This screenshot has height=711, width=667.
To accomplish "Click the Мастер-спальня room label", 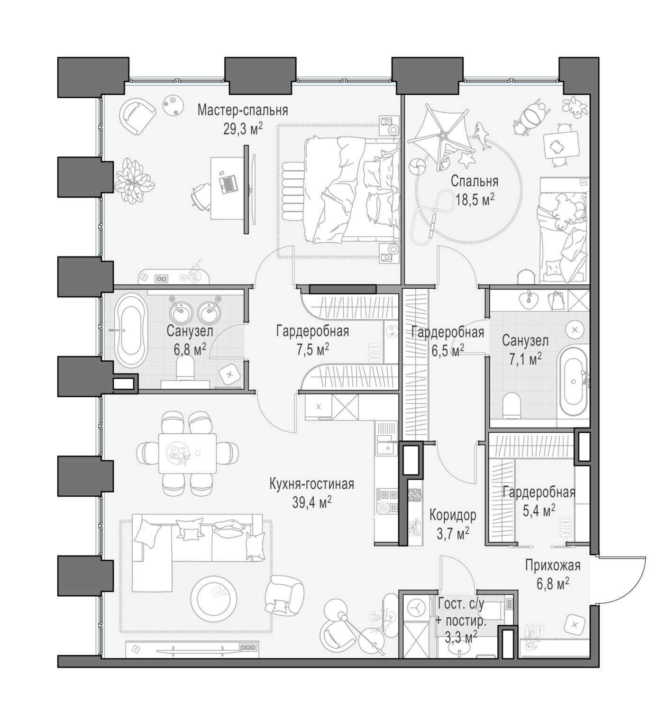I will (x=243, y=110).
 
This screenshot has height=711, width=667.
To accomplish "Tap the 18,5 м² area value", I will (x=475, y=199).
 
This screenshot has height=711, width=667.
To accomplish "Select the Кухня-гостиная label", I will (x=311, y=484).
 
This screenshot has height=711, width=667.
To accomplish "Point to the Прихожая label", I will (x=552, y=565).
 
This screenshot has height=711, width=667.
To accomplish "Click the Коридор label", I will (x=453, y=515).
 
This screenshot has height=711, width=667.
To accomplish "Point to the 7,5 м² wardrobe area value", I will (x=312, y=350).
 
